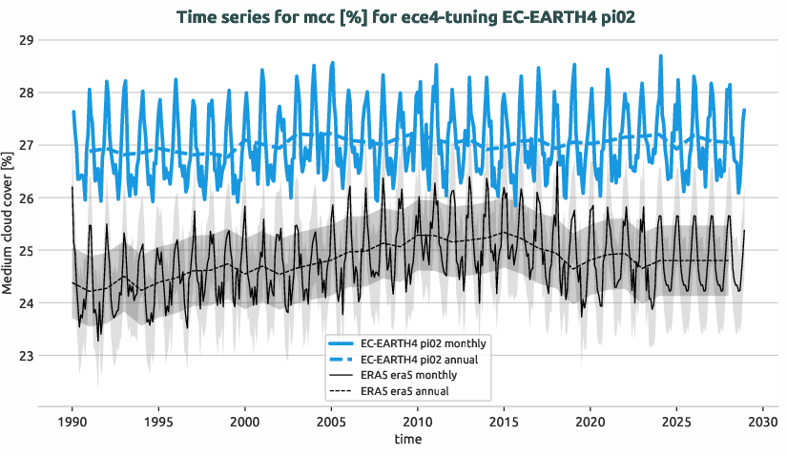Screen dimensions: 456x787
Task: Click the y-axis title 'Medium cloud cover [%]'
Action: point(9,223)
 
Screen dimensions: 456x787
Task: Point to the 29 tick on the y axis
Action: point(26,40)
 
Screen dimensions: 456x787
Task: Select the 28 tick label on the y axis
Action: point(26,93)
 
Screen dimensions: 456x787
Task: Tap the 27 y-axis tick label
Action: point(26,145)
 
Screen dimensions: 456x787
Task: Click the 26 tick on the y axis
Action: point(26,198)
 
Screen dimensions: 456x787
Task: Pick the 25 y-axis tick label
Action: point(26,251)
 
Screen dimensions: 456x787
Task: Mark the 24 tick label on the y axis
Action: point(26,303)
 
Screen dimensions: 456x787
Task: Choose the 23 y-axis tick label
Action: point(26,356)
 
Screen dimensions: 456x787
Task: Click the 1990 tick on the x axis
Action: point(72,421)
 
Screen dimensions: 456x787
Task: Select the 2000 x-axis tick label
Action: point(245,421)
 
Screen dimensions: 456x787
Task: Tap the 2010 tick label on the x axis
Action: point(418,421)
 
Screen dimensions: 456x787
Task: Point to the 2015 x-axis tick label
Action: point(505,421)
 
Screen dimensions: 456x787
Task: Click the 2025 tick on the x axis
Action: point(677,421)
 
